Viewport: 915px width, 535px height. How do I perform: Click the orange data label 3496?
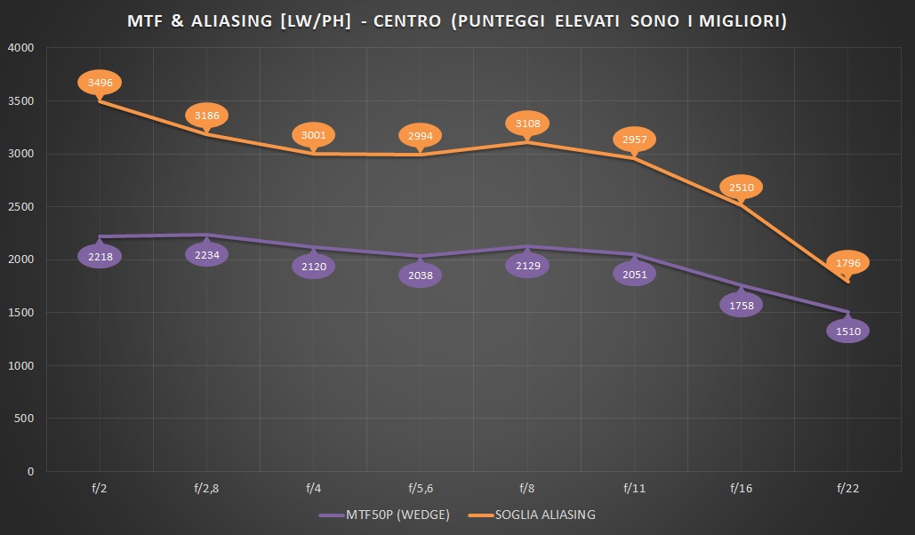point(100,83)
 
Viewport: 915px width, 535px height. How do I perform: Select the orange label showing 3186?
point(206,116)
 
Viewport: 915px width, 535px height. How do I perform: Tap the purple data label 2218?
point(100,257)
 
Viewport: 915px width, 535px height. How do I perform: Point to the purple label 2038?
point(421,275)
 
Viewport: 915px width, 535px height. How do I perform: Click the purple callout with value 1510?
point(848,331)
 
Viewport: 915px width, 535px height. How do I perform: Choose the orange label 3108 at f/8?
point(527,123)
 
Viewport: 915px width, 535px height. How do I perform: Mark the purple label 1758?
point(741,306)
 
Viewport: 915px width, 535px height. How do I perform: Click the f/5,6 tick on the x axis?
point(421,488)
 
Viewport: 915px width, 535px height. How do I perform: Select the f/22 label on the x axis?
point(848,488)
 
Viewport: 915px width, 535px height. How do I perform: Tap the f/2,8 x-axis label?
point(206,488)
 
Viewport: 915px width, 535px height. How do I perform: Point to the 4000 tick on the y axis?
point(20,48)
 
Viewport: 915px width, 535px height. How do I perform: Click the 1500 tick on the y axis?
point(20,313)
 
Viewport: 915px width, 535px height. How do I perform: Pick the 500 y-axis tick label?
point(24,419)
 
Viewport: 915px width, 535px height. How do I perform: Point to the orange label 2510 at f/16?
point(741,188)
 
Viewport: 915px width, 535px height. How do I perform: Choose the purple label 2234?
point(206,255)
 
